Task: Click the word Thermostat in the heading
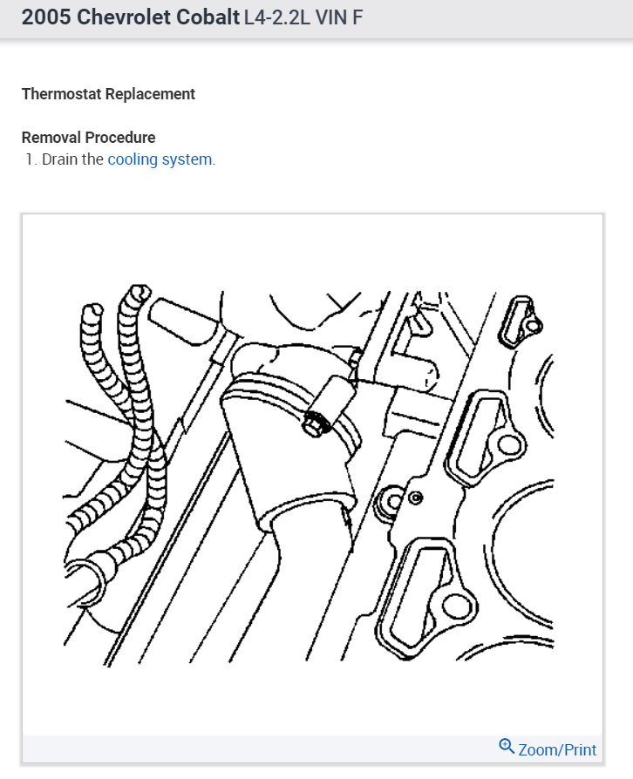tap(61, 93)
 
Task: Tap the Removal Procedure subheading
tap(88, 137)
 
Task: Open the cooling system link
tap(160, 159)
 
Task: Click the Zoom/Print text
tap(557, 749)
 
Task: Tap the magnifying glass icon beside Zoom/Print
tap(507, 747)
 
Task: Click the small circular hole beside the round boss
tap(415, 498)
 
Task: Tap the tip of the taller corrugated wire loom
tap(136, 291)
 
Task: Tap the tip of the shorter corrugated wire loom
tap(90, 311)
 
